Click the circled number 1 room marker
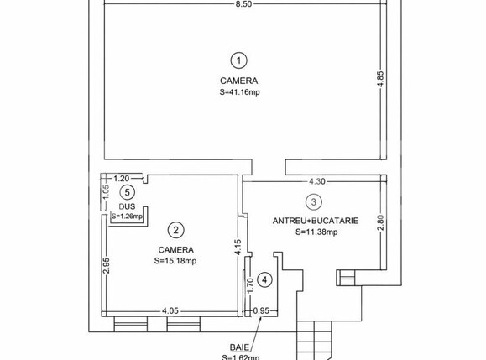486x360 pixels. [240, 60]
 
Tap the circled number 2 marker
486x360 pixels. [175, 230]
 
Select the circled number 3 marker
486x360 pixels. [313, 201]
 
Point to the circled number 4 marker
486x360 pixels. [264, 280]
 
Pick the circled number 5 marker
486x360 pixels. [127, 192]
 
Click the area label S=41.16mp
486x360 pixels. [240, 93]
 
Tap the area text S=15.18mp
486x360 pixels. [175, 261]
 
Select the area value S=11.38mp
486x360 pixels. [315, 232]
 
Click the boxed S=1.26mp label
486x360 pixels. [128, 217]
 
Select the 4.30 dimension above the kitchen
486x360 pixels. [316, 180]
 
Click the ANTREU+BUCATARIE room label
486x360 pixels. [315, 221]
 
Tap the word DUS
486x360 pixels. [126, 206]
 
